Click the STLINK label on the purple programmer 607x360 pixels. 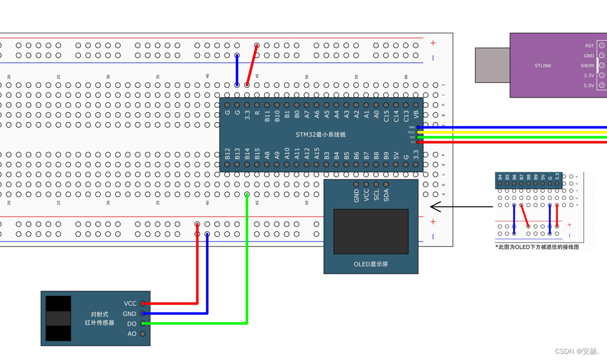click(x=543, y=65)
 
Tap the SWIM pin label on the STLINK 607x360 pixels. click(x=587, y=65)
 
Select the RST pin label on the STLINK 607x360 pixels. click(x=589, y=46)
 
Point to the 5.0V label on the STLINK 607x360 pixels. click(x=588, y=86)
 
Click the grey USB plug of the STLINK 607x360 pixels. click(x=492, y=65)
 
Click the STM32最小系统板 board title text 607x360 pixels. click(x=320, y=135)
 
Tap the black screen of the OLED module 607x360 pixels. click(x=371, y=231)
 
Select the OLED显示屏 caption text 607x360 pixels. click(x=371, y=264)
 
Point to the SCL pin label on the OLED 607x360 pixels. click(x=376, y=195)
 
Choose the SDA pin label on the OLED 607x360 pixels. click(x=386, y=195)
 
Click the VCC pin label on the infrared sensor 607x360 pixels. click(x=130, y=304)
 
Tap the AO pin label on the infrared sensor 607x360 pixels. click(x=131, y=334)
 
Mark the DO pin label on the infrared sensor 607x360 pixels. click(x=131, y=324)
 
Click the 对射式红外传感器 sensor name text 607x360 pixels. click(x=99, y=319)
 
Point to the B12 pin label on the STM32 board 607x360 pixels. click(x=227, y=154)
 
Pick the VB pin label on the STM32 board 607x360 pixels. click(x=416, y=115)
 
